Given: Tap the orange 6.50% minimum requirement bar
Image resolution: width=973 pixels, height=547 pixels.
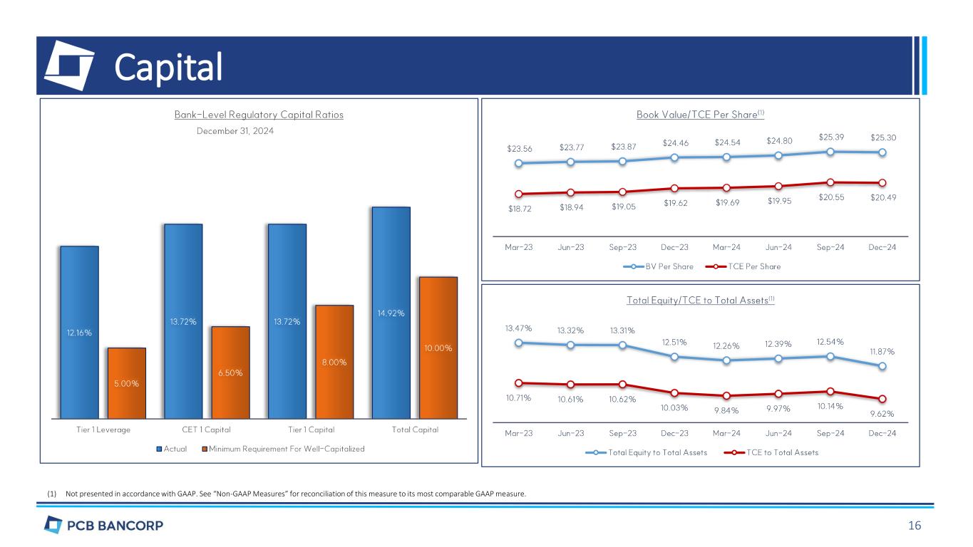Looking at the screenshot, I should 230,372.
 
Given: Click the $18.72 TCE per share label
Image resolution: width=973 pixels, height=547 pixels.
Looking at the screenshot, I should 519,207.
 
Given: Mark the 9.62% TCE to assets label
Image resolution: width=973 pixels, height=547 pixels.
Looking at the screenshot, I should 882,412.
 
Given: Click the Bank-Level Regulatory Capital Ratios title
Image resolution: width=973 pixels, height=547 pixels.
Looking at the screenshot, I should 259,115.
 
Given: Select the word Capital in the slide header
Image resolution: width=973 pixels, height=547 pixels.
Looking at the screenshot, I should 169,68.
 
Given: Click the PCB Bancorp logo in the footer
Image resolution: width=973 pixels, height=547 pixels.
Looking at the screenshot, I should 103,526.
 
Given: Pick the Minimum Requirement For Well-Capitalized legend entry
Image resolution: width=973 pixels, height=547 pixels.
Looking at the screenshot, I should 283,449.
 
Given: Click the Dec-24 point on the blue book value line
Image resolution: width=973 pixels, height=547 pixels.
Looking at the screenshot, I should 882,152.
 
